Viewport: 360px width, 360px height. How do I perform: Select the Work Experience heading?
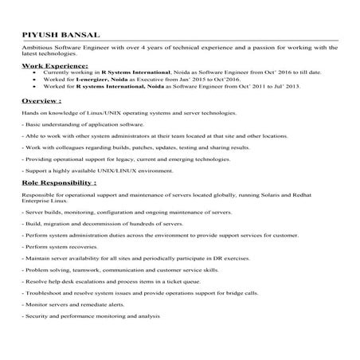[54, 65]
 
